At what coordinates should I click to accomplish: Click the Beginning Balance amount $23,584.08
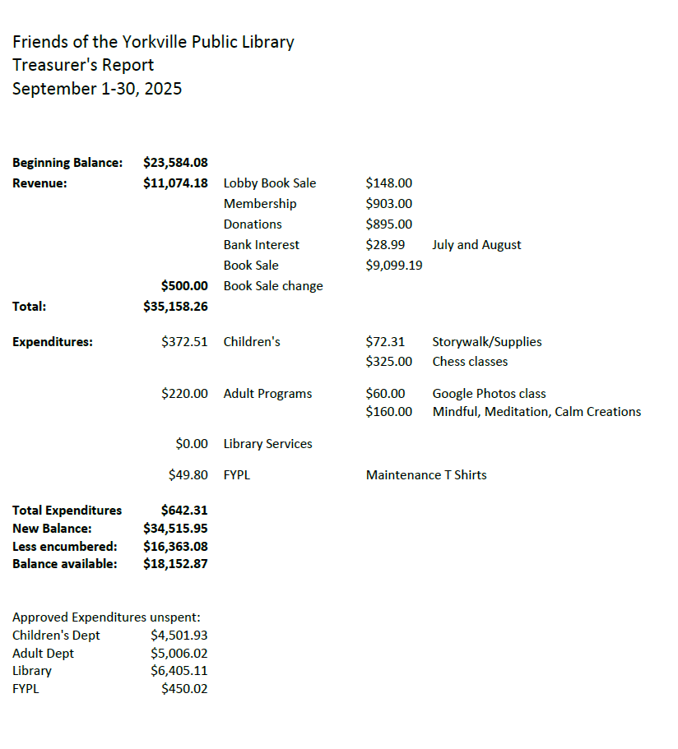175,163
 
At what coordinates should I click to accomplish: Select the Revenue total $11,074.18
175,183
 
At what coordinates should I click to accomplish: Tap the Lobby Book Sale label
269,183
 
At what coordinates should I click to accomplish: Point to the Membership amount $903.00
388,204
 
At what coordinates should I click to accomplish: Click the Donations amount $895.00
388,224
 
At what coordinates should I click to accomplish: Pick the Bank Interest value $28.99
384,245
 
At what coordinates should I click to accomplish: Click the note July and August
476,245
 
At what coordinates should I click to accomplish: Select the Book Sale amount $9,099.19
394,266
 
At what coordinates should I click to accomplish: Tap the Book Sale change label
272,286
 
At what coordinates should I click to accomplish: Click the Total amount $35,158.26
175,307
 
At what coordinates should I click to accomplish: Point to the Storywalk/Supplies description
486,342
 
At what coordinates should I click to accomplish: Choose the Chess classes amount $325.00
388,362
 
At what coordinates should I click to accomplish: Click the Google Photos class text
489,394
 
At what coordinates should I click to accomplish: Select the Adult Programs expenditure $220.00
184,394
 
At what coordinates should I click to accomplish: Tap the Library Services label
267,444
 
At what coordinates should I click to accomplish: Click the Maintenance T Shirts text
426,475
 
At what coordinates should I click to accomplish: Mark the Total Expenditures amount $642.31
184,511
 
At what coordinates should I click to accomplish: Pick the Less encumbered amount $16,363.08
175,546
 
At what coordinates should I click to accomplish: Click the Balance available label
64,564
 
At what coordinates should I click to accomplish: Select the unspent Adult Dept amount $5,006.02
179,654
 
